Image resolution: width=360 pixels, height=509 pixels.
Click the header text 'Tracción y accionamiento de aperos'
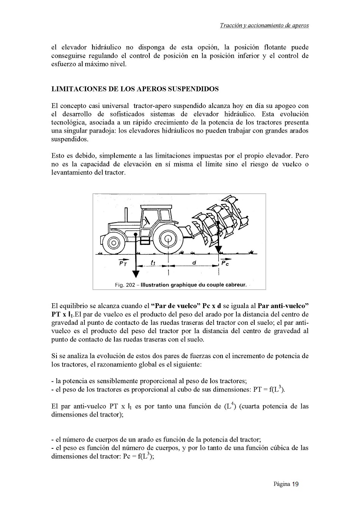264,26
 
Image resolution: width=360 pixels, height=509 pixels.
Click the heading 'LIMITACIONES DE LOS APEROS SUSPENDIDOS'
135,89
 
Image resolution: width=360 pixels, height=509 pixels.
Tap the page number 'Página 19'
286,484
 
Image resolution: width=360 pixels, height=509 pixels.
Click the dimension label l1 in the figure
153,262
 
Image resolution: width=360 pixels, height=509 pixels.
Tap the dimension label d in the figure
194,262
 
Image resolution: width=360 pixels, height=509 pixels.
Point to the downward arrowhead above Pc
219,251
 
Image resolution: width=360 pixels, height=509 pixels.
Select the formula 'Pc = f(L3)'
138,456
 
